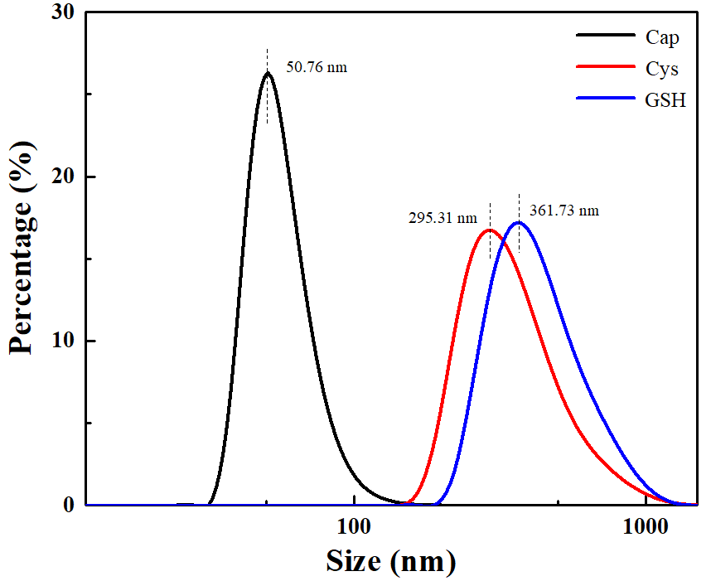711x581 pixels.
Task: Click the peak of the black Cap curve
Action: pos(267,73)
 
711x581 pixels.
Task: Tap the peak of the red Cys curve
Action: pos(489,230)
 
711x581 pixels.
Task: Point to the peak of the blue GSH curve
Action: pos(519,222)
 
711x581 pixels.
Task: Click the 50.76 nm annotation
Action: pos(316,66)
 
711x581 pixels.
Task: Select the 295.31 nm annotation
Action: pos(443,218)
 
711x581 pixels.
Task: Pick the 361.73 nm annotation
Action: pos(563,211)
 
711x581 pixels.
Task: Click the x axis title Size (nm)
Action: pos(390,561)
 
